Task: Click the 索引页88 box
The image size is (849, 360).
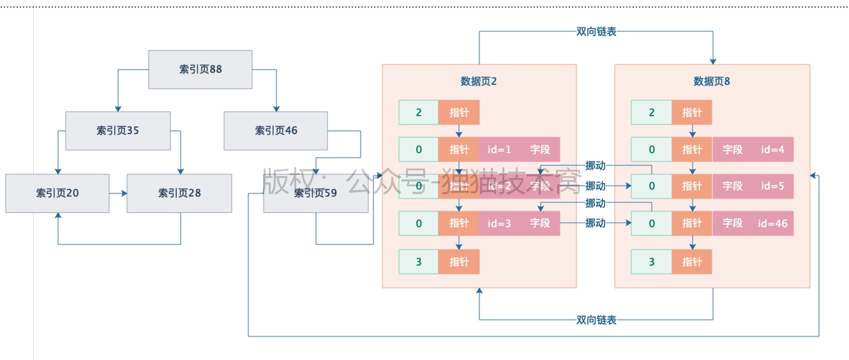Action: [x=200, y=70]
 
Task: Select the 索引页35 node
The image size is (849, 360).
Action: [x=118, y=131]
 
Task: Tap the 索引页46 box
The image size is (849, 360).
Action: [x=276, y=131]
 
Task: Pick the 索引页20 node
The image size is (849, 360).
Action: [x=57, y=193]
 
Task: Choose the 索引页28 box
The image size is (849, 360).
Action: [x=179, y=193]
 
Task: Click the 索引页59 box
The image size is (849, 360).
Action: [x=315, y=193]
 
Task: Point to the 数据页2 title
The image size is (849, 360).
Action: [x=479, y=82]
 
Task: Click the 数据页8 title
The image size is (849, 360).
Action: [x=712, y=82]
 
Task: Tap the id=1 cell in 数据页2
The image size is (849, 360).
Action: [x=499, y=150]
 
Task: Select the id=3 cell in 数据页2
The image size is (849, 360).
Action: [x=499, y=223]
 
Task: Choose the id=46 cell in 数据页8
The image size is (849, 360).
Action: [x=772, y=223]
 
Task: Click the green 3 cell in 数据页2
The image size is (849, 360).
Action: [x=419, y=262]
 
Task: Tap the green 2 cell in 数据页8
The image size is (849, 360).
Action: [x=651, y=113]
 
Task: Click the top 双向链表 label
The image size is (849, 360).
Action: [x=596, y=31]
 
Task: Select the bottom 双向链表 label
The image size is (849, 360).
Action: [x=596, y=320]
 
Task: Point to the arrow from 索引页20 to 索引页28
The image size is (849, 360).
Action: [x=118, y=193]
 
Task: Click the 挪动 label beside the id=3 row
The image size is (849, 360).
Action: [x=595, y=223]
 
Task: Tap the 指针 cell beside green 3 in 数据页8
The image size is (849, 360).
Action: [x=692, y=262]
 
